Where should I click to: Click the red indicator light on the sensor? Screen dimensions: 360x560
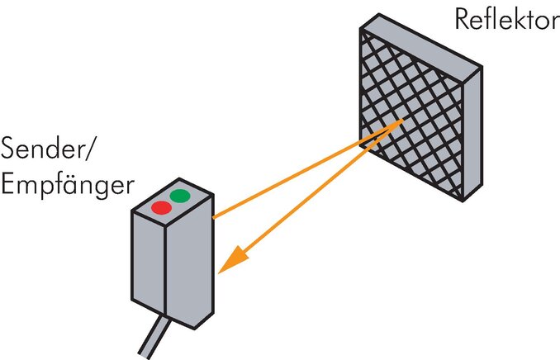click(x=161, y=207)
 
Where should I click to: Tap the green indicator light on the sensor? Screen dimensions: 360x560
click(x=179, y=196)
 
